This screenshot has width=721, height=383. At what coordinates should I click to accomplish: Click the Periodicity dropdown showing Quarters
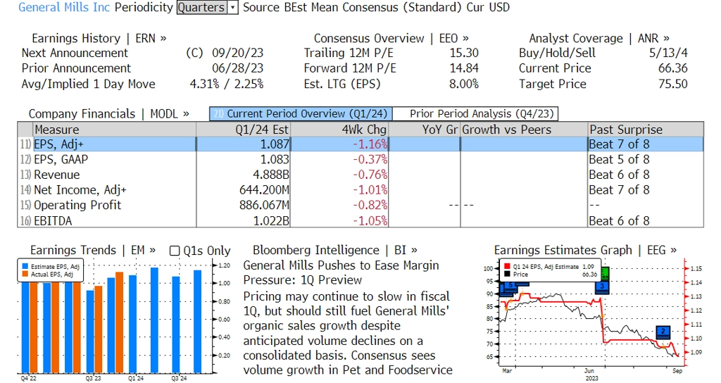(x=208, y=8)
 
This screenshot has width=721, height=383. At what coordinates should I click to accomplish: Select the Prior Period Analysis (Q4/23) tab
(x=476, y=114)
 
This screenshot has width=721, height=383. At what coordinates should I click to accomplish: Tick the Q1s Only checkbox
(x=175, y=251)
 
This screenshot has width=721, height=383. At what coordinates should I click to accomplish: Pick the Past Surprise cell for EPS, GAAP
(x=619, y=159)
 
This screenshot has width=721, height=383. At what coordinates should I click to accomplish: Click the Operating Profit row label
(x=77, y=206)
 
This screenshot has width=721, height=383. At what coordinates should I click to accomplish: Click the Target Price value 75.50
(x=672, y=84)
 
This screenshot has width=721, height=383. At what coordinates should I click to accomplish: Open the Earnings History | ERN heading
(x=99, y=39)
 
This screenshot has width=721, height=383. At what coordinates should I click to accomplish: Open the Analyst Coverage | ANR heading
(x=599, y=39)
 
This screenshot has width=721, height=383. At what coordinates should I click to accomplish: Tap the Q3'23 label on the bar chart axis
(x=94, y=379)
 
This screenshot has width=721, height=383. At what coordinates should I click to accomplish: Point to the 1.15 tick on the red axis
(x=695, y=269)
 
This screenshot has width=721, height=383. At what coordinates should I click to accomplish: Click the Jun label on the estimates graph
(x=590, y=370)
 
